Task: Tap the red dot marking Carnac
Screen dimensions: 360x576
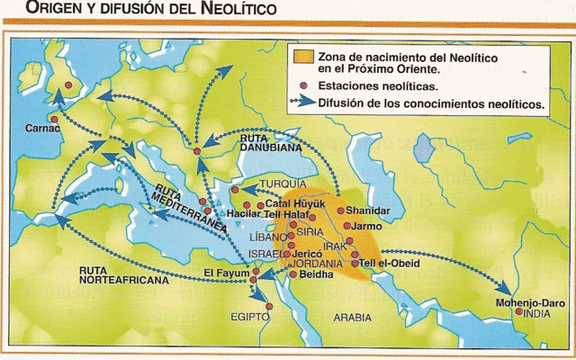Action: [x=55, y=120]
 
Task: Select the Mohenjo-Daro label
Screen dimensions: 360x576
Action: [x=525, y=302]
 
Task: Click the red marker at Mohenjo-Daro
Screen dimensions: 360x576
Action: [x=518, y=312]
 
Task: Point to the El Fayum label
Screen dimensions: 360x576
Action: [x=224, y=273]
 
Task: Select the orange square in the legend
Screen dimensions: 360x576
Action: [x=304, y=60]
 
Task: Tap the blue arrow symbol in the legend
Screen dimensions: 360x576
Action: [x=304, y=104]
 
